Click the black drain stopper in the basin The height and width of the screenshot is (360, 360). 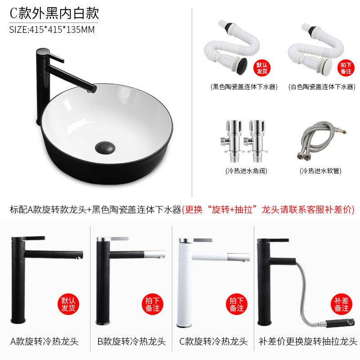click(x=105, y=147)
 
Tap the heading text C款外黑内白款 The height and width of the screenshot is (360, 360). click(x=54, y=13)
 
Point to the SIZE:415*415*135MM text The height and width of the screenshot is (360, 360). click(x=52, y=30)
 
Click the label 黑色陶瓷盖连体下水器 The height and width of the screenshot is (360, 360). click(x=244, y=87)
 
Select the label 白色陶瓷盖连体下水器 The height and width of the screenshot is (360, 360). click(x=322, y=87)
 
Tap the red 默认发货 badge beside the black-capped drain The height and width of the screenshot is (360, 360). click(x=262, y=68)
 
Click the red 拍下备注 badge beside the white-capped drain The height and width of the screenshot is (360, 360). click(x=346, y=68)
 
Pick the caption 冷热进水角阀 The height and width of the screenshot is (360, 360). click(x=246, y=171)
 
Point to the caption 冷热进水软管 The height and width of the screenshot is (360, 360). click(x=320, y=171)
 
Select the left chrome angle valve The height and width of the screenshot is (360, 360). click(x=231, y=141)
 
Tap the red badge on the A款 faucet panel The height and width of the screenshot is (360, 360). click(x=68, y=304)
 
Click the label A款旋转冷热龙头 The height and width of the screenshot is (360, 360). click(x=45, y=342)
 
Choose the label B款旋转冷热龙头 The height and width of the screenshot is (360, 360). click(x=131, y=342)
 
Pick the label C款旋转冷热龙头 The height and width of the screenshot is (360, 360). click(x=213, y=342)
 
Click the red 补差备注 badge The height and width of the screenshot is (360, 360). click(x=342, y=304)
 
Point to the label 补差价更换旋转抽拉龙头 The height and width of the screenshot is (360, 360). click(x=308, y=342)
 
